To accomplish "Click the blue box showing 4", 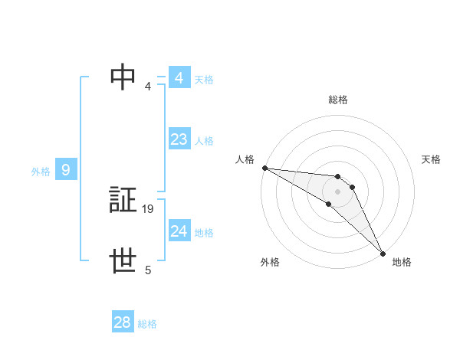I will pyautogui.click(x=179, y=78).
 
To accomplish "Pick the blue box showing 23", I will pyautogui.click(x=179, y=139).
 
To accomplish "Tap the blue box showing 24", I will pyautogui.click(x=179, y=231).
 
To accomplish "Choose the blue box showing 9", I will pyautogui.click(x=66, y=170).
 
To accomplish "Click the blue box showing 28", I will pyautogui.click(x=123, y=322).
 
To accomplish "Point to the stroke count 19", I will pyautogui.click(x=148, y=208).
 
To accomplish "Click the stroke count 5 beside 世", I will pyautogui.click(x=148, y=270).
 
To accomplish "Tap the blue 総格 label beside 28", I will pyautogui.click(x=147, y=324).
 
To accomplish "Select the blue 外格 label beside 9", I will pyautogui.click(x=41, y=172).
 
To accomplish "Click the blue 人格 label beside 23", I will pyautogui.click(x=204, y=141).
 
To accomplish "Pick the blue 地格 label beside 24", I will pyautogui.click(x=204, y=233).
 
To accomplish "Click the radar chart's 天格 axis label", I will pyautogui.click(x=431, y=159).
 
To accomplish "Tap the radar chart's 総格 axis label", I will pyautogui.click(x=338, y=100).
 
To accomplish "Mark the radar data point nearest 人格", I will pyautogui.click(x=264, y=167).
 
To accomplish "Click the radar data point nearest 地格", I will pyautogui.click(x=383, y=252).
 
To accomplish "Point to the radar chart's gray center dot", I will pyautogui.click(x=338, y=191).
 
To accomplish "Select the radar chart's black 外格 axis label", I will pyautogui.click(x=270, y=262).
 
